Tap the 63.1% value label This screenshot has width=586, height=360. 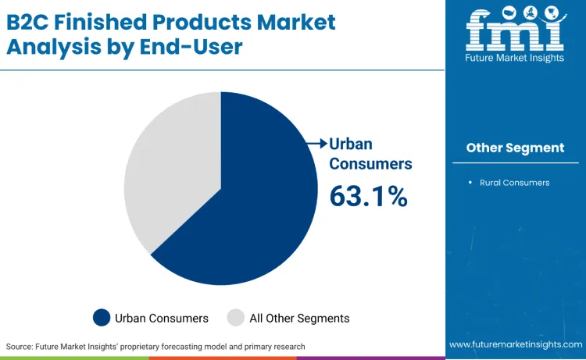coord(368,195)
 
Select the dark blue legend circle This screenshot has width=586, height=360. coord(102,318)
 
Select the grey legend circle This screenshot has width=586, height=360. coord(235,318)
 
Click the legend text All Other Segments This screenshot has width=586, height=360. coord(299,318)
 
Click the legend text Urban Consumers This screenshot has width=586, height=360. coord(162,318)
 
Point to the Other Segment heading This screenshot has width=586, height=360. coord(515,148)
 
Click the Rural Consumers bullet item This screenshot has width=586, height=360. coord(514,182)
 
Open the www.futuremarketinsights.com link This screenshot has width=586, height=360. coord(515,344)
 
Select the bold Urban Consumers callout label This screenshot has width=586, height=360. coord(370,154)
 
